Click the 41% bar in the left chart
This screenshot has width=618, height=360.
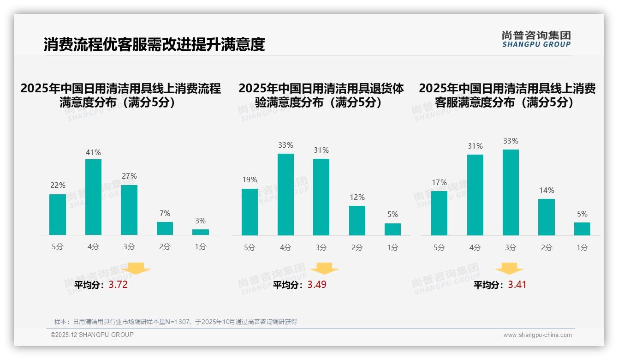[x=93, y=197]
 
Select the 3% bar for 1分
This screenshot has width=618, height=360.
[x=201, y=232]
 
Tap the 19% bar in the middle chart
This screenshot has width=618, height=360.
[x=250, y=212]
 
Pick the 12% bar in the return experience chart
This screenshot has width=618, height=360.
[x=357, y=221]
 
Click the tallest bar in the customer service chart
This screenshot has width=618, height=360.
[x=511, y=192]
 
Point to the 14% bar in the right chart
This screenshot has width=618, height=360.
[x=547, y=217]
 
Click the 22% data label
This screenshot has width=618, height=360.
[x=58, y=185]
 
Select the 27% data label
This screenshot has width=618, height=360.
[x=129, y=176]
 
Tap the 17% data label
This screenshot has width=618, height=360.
[x=439, y=182]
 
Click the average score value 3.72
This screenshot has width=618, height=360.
[x=118, y=285]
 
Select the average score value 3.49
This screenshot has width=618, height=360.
[x=317, y=285]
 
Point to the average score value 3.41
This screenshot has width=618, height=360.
[x=517, y=285]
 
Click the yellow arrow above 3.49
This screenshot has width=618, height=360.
[x=324, y=269]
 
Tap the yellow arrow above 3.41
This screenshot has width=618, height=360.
[x=509, y=269]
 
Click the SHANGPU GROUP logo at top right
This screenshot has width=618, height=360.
[x=536, y=39]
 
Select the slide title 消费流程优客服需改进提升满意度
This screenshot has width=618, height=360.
[x=154, y=44]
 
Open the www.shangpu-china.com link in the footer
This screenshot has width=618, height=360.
[x=537, y=335]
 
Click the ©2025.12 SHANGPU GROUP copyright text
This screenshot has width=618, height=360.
[x=92, y=335]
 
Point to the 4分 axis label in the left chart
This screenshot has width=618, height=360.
[x=93, y=247]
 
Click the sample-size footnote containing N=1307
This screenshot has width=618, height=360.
[x=176, y=322]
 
